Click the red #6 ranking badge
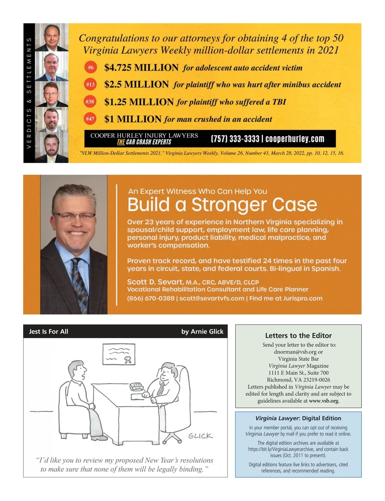click(91, 68)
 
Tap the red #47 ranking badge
click(90, 119)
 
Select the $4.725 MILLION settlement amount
click(141, 68)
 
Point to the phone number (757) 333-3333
click(235, 139)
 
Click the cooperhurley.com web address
click(295, 139)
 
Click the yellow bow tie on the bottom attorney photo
click(51, 158)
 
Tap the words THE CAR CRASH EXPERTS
click(144, 142)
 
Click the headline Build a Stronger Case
click(222, 205)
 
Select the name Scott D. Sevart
click(155, 282)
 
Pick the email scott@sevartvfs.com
click(212, 298)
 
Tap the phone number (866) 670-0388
click(151, 298)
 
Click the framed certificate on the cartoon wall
click(119, 354)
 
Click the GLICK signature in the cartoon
click(200, 436)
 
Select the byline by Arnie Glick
click(202, 332)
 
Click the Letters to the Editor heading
click(298, 335)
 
